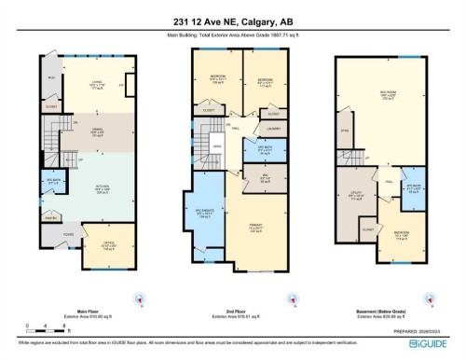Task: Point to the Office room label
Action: coord(108,246)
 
